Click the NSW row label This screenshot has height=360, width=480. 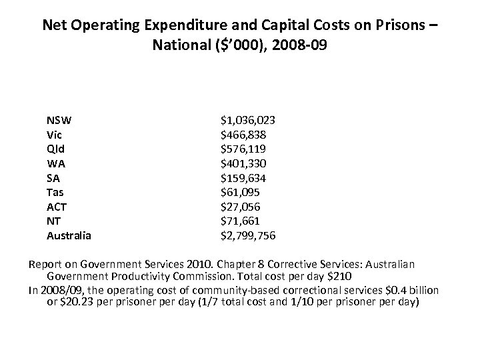[x=59, y=121]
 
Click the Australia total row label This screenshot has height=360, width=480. [x=69, y=235]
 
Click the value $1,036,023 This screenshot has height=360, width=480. [x=248, y=121]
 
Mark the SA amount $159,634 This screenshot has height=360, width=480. [x=244, y=178]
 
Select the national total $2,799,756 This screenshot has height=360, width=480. [x=248, y=235]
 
